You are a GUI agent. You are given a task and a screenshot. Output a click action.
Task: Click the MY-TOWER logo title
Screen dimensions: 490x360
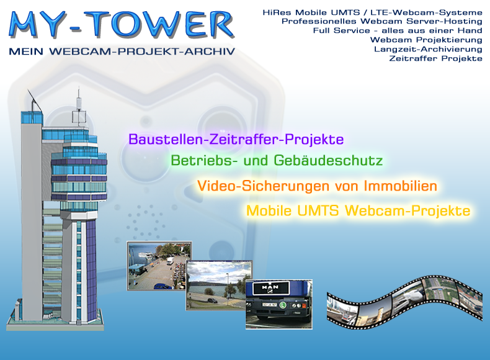click(122, 24)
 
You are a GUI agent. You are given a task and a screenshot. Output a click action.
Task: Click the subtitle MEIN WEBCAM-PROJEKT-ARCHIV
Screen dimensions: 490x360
click(122, 52)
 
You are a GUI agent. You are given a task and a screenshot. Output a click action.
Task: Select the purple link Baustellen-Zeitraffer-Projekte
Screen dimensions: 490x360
click(236, 139)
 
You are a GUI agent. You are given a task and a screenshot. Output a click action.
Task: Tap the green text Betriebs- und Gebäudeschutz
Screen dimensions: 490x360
click(277, 161)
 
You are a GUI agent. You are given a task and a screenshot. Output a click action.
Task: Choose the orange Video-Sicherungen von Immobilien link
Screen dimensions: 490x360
click(317, 186)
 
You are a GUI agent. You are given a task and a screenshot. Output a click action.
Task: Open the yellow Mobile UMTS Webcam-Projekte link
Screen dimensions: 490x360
click(358, 210)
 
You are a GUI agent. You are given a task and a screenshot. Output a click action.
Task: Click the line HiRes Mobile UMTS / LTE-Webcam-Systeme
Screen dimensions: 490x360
click(373, 12)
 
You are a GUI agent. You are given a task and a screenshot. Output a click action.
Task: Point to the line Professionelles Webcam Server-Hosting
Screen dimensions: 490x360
click(382, 21)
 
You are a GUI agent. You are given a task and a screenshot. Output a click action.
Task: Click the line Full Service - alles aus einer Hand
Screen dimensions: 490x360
click(398, 30)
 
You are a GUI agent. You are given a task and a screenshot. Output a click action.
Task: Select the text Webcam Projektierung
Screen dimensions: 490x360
click(426, 40)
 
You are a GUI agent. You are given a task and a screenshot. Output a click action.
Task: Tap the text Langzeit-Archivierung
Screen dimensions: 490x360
click(428, 49)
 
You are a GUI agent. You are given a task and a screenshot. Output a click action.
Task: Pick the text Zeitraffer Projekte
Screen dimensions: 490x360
click(435, 58)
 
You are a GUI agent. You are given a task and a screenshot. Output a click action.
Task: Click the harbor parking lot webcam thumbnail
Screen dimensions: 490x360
click(159, 266)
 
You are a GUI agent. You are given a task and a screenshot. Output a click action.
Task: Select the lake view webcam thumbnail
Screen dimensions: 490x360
click(219, 286)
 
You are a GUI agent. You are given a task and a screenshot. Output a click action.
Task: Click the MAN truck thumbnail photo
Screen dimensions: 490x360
click(278, 304)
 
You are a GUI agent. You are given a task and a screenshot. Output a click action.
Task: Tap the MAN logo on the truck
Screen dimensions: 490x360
click(270, 287)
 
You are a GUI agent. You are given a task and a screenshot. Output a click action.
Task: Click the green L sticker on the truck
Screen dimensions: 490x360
click(283, 305)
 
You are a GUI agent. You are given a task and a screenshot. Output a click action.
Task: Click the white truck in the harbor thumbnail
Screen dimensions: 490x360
click(171, 261)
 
